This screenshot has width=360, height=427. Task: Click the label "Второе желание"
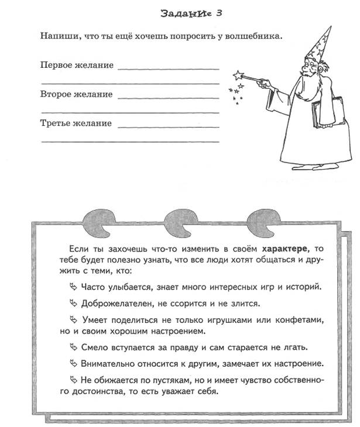pyautogui.click(x=77, y=94)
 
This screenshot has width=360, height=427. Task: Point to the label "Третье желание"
pyautogui.click(x=76, y=123)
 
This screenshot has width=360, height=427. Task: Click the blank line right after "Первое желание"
pyautogui.click(x=168, y=68)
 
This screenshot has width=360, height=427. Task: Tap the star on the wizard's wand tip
pyautogui.click(x=237, y=75)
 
